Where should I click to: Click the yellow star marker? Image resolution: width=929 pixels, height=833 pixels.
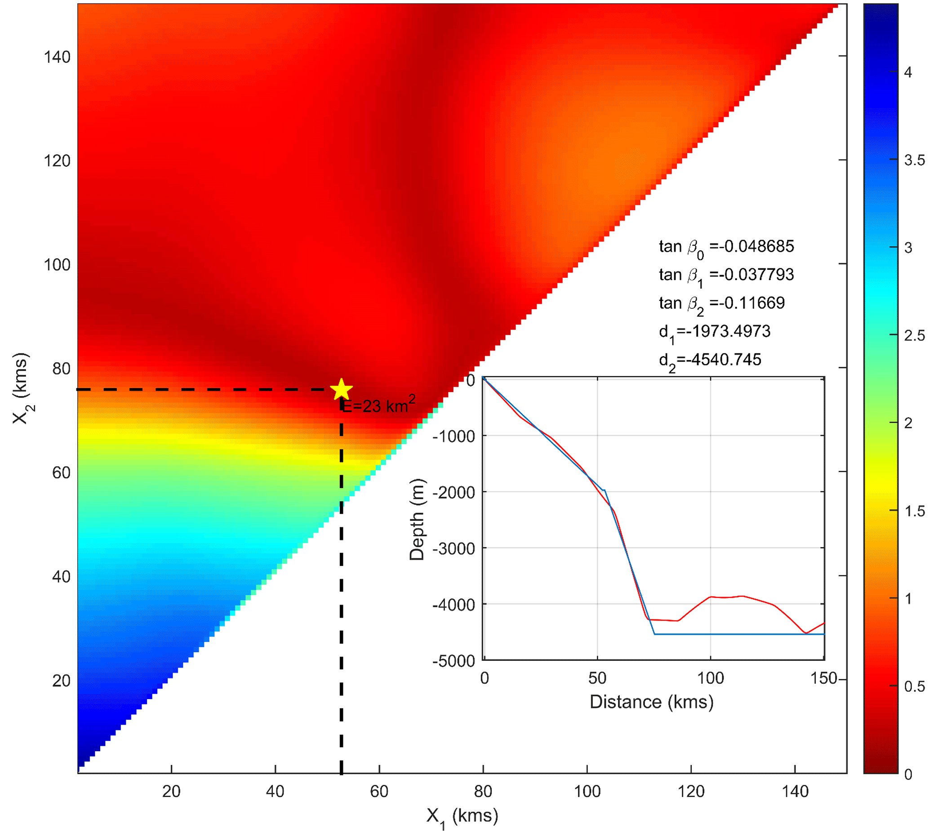pos(341,389)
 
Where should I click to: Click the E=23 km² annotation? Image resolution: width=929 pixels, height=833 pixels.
pos(378,405)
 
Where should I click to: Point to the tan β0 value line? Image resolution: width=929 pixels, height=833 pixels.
pos(726,247)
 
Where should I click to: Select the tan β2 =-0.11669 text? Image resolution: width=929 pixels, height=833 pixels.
pos(721,304)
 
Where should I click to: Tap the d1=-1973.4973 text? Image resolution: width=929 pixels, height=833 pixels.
pos(714,332)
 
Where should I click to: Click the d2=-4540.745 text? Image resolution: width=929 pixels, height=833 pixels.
pos(709,361)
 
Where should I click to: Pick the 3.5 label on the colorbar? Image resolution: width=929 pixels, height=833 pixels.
pos(914,160)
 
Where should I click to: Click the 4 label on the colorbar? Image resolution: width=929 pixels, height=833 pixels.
pos(908,72)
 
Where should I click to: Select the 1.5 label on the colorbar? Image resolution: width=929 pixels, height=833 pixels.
pos(914,511)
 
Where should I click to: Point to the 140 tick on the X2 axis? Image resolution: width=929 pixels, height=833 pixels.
pos(57,57)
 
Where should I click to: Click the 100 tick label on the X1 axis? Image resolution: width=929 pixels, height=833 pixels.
pos(587,791)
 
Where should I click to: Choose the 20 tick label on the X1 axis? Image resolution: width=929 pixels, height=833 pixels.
pos(171,791)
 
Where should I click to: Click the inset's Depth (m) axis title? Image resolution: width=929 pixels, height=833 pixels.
pos(417,519)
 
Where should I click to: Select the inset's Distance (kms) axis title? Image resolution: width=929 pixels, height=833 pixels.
pos(651,702)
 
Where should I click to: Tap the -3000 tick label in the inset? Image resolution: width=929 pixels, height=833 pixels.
pos(453,548)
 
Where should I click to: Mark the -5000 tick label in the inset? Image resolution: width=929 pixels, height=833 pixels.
pos(453,661)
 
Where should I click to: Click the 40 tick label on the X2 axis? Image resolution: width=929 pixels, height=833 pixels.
pos(61,577)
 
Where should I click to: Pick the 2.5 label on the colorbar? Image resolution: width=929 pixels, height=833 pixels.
pos(914,335)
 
